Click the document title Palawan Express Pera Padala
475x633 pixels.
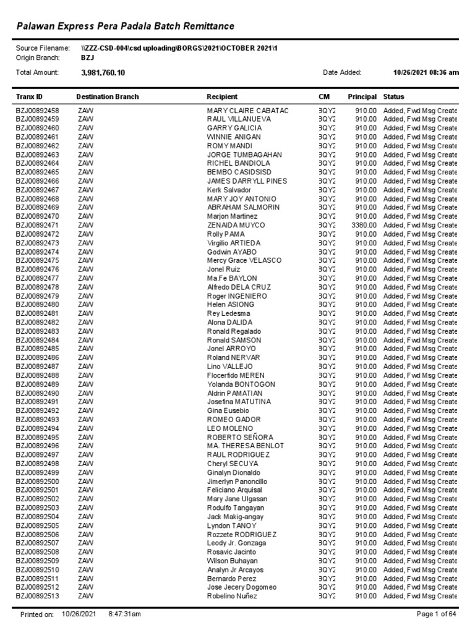tap(125, 25)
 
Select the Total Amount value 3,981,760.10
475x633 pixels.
tap(103, 73)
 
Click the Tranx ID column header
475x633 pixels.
tap(29, 97)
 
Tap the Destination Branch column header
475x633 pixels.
tap(107, 97)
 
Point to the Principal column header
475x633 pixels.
tap(362, 97)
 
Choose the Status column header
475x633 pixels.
tap(393, 97)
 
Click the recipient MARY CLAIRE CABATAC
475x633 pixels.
tap(247, 110)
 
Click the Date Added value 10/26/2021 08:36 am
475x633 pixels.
tap(426, 73)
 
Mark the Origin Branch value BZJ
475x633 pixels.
tap(87, 57)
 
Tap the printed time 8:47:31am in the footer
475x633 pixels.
tap(124, 614)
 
